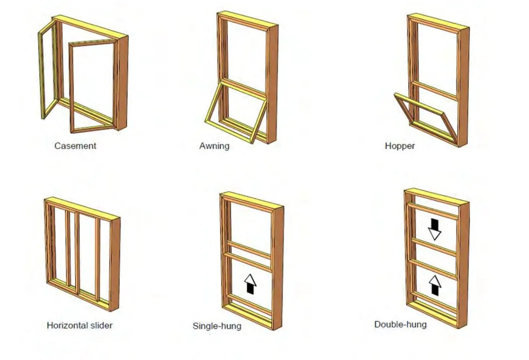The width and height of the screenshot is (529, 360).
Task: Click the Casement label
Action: click(x=75, y=146)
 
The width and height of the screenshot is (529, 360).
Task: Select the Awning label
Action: click(x=214, y=146)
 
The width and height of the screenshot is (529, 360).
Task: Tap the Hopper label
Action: click(x=400, y=146)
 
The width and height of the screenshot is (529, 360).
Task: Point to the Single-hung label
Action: click(x=217, y=326)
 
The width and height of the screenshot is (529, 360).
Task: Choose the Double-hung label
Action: click(x=400, y=325)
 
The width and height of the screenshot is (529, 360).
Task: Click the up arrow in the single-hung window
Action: click(x=250, y=284)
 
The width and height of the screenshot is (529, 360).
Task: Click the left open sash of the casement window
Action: click(x=48, y=70)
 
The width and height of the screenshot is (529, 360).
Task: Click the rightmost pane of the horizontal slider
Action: click(x=104, y=259)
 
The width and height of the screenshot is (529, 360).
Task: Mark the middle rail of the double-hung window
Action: click(x=433, y=247)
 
